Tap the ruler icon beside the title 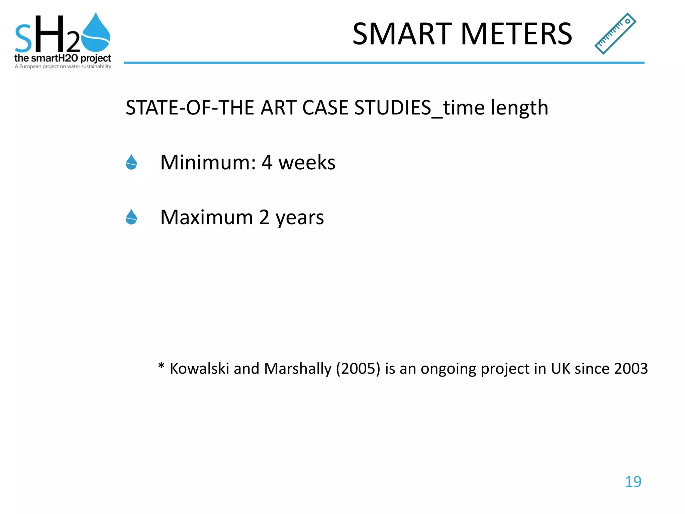tap(615, 33)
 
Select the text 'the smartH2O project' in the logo tap(63, 58)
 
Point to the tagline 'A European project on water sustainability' tap(63, 67)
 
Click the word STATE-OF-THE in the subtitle tap(190, 108)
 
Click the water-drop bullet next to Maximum tap(131, 217)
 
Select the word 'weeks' tap(307, 163)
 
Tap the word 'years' tap(299, 218)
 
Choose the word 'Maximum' tap(206, 218)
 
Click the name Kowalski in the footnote tap(199, 369)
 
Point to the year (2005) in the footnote tap(358, 369)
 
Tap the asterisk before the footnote tap(161, 366)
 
